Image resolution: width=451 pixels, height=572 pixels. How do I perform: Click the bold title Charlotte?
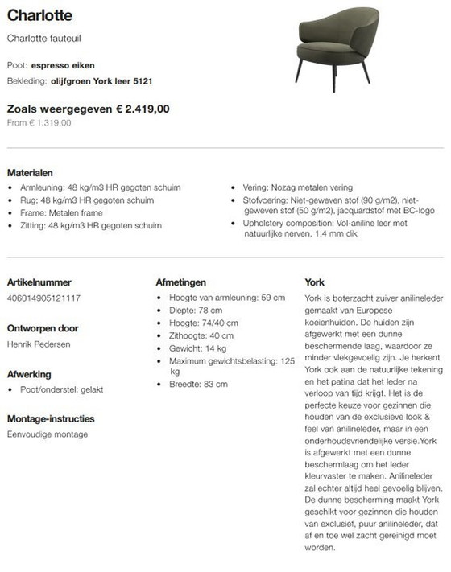(x=39, y=15)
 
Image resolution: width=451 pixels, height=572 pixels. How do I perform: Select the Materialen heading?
(x=30, y=172)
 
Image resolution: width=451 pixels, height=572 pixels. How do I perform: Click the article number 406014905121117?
(x=43, y=298)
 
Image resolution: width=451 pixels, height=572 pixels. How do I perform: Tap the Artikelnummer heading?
(x=39, y=282)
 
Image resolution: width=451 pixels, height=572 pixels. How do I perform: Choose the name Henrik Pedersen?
(x=39, y=344)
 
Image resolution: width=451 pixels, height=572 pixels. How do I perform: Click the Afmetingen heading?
(x=180, y=282)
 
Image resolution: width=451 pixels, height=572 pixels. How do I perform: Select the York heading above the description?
(x=314, y=282)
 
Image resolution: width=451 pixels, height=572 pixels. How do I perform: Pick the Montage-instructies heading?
(x=51, y=419)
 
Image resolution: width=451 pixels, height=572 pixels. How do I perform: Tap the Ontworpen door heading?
(x=43, y=328)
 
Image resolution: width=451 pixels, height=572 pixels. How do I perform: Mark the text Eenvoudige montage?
(x=48, y=435)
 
